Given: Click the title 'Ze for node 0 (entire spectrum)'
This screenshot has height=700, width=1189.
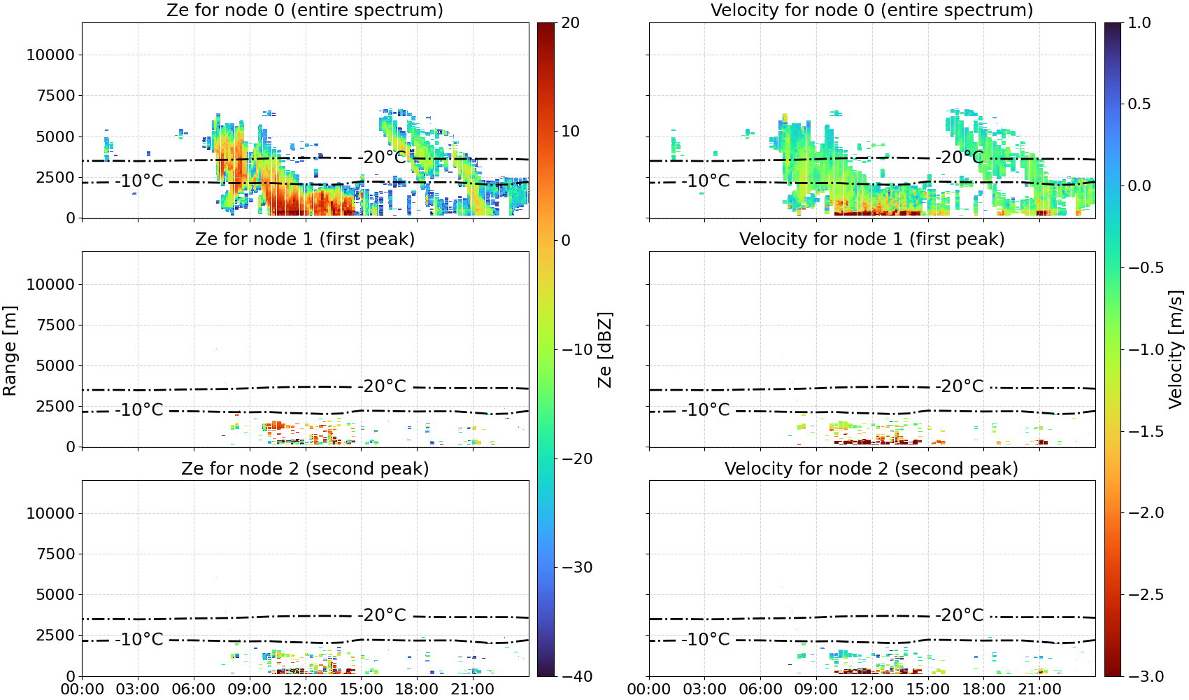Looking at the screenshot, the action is (x=305, y=10).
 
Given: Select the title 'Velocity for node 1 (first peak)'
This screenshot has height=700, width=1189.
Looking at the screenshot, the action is (x=871, y=239).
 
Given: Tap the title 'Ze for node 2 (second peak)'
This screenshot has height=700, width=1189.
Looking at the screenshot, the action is (x=305, y=468).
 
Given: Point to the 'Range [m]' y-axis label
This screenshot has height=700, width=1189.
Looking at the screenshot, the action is (x=10, y=351).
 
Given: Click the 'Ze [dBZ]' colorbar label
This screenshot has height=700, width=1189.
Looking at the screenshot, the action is (x=604, y=349).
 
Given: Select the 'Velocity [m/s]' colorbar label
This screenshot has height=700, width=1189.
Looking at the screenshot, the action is (x=1176, y=349).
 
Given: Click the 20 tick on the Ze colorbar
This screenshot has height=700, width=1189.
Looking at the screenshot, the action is (x=570, y=23).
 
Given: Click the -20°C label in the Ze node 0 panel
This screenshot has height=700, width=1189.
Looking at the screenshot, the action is (x=382, y=157).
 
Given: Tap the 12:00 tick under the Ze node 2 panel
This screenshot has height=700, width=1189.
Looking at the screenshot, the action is (x=305, y=689).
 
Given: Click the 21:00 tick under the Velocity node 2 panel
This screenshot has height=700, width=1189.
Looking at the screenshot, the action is (x=1039, y=689).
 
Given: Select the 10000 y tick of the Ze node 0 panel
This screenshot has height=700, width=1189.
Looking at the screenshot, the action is (x=50, y=55).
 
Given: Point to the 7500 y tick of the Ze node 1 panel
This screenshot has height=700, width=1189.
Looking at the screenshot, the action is (x=55, y=325).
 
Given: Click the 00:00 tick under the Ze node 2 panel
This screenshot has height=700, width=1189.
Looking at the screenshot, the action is (x=83, y=689).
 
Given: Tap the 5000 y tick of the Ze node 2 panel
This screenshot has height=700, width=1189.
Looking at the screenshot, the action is (x=55, y=595).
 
